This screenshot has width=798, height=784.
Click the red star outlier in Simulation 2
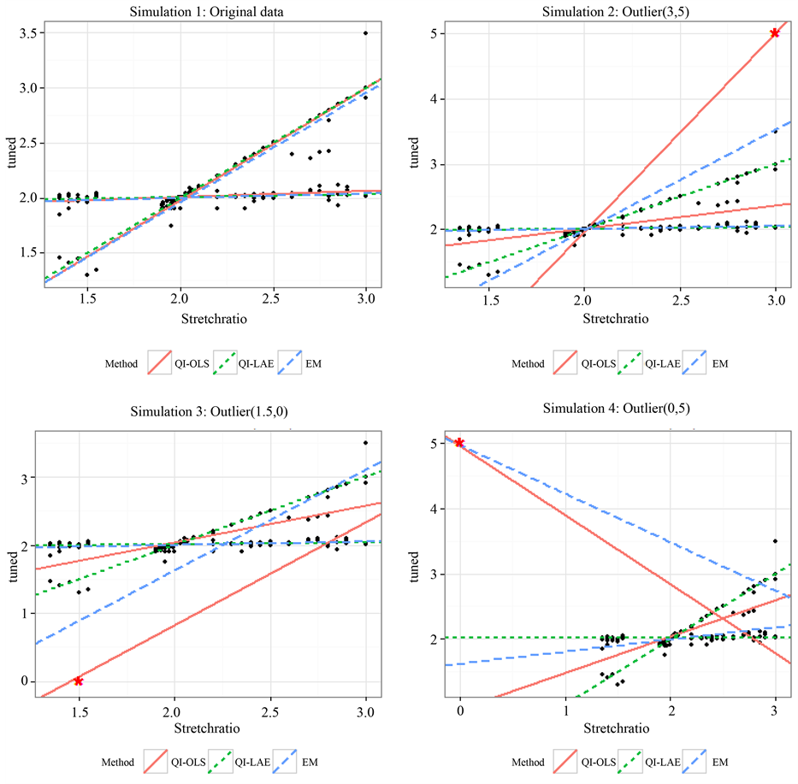775,33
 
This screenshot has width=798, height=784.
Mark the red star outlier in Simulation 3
79,681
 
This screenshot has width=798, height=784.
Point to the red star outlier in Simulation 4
460,442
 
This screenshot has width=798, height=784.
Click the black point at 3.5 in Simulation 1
366,33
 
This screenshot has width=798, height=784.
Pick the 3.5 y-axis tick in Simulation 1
27,33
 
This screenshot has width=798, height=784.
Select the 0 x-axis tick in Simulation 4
460,711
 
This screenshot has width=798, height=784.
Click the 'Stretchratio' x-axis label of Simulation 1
210,319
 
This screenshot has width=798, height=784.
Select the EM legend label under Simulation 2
721,363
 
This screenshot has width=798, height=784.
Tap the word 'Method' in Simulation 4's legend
528,762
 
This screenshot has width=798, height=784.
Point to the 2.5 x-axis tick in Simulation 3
270,711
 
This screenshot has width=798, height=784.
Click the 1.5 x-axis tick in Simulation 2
488,302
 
